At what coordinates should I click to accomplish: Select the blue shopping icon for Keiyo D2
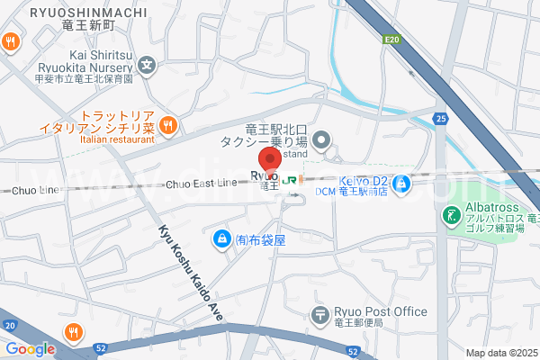[403, 184]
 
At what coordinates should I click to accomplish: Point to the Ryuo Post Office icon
[319, 315]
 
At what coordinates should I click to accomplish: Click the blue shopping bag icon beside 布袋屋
[220, 239]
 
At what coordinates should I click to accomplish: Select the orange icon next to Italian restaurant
[166, 124]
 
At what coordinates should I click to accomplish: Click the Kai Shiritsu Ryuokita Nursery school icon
[148, 65]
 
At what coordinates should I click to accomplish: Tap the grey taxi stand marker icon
[324, 139]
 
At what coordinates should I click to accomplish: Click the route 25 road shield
[440, 118]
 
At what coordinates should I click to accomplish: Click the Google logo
[30, 349]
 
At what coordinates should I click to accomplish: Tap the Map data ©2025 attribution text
[501, 353]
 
